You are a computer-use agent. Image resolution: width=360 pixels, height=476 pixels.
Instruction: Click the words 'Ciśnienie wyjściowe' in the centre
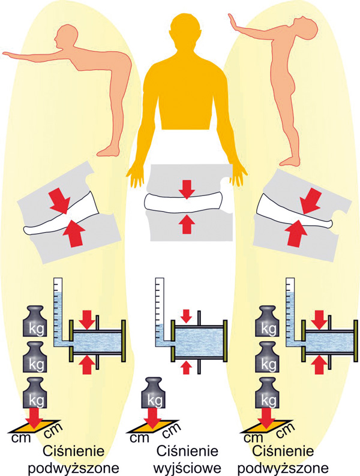click(x=183, y=458)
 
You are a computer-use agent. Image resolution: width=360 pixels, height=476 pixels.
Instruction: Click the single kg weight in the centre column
click(x=158, y=394)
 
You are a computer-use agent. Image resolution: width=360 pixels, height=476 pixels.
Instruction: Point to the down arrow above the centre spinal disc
click(x=187, y=189)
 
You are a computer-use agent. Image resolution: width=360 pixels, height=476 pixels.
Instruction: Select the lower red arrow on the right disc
click(x=293, y=233)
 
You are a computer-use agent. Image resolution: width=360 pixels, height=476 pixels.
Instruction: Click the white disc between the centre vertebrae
click(x=187, y=206)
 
